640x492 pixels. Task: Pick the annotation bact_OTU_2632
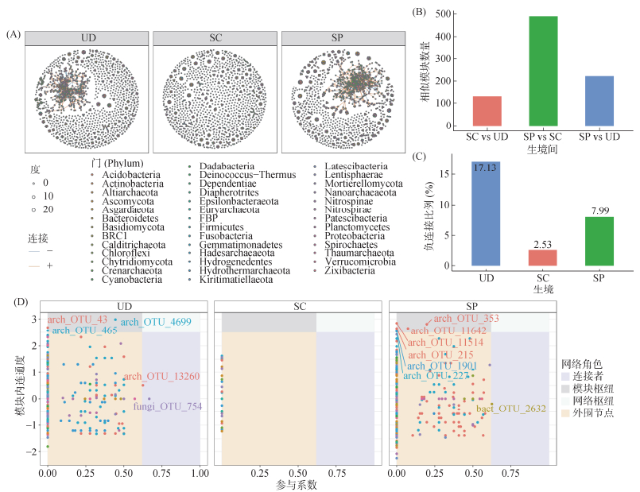tap(510, 409)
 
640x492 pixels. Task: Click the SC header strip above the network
tap(215, 38)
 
